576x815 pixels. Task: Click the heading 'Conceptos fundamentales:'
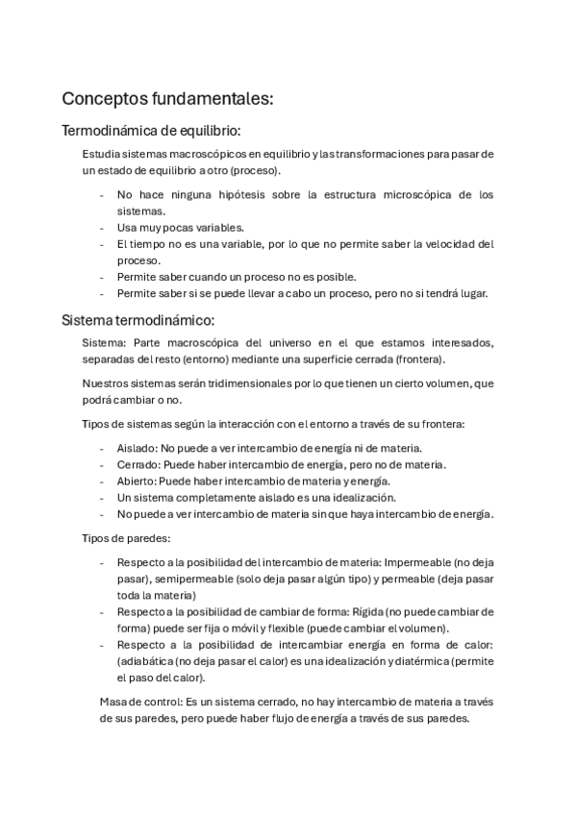(167, 99)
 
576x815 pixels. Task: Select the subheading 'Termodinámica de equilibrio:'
(151, 130)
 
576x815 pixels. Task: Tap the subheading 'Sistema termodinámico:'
(138, 319)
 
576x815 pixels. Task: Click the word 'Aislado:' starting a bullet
(137, 448)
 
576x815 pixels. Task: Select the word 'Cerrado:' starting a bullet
(138, 464)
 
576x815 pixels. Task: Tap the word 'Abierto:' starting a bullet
(137, 481)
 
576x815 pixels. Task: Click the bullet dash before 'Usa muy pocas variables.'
(102, 228)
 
